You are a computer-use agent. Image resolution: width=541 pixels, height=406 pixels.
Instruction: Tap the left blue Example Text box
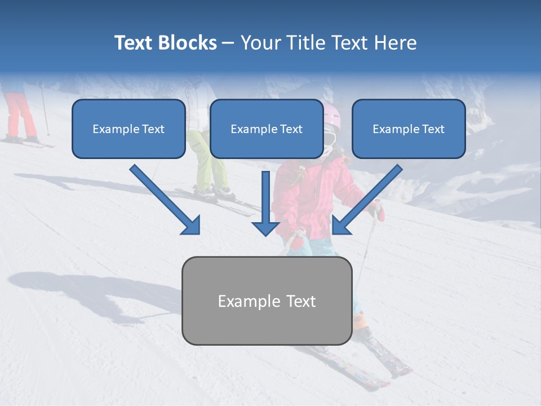point(128,129)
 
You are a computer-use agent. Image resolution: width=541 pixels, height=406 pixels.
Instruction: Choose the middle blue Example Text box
point(267,129)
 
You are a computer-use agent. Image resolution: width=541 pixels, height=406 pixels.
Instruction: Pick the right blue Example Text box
point(409,129)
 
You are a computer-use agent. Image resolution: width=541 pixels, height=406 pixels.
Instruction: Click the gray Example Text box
point(267,301)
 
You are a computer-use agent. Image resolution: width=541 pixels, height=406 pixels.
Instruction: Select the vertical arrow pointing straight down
point(265,203)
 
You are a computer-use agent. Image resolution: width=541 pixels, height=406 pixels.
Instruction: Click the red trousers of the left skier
point(20,116)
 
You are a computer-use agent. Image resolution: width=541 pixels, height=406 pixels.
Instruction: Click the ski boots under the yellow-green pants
point(214,192)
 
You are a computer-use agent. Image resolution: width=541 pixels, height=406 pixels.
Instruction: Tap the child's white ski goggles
point(330,139)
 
